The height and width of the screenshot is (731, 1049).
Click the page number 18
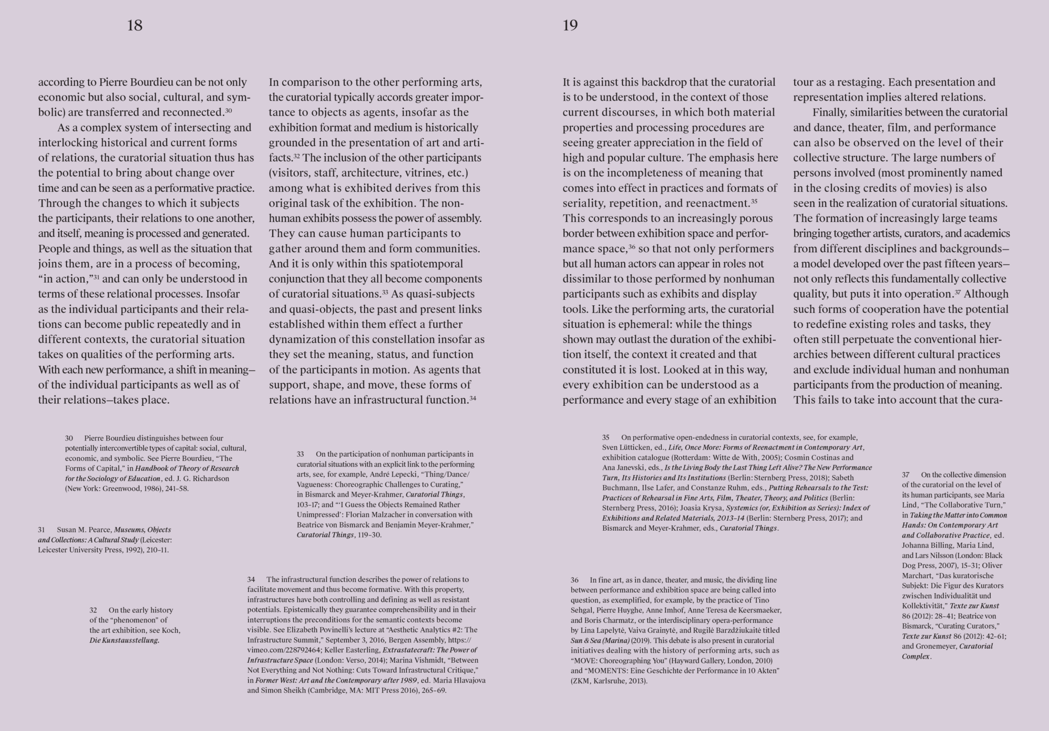[x=135, y=26]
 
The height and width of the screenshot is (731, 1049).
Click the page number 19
[x=570, y=26]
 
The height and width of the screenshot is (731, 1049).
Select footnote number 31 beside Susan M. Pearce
[x=41, y=530]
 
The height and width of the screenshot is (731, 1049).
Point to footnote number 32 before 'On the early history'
[x=93, y=610]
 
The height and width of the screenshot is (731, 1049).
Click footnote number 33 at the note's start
[x=301, y=454]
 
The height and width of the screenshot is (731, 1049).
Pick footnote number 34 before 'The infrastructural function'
[x=251, y=580]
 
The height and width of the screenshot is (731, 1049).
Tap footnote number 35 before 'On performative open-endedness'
[x=606, y=437]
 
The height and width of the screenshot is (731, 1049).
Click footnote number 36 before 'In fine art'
[x=575, y=580]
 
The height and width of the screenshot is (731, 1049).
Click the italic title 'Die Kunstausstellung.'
[x=124, y=641]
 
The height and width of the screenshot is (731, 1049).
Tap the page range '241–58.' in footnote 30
[x=175, y=489]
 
